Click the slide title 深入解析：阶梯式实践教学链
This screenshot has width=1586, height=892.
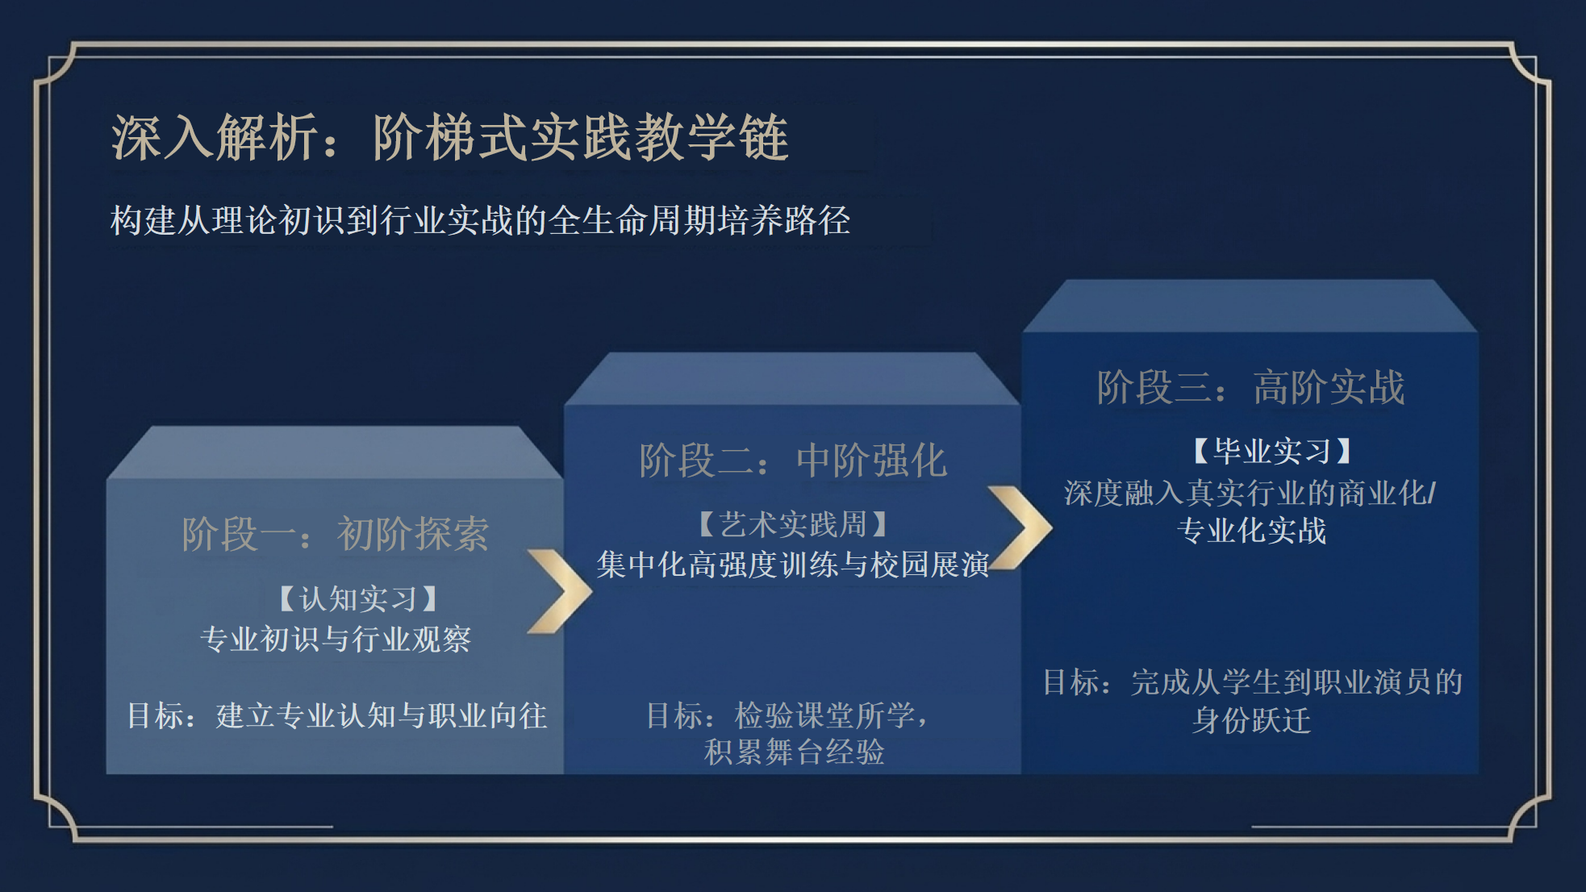click(449, 137)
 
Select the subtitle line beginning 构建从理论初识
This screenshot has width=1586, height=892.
click(480, 220)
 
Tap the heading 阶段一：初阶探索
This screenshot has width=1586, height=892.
click(335, 534)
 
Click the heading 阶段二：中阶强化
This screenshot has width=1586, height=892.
click(792, 461)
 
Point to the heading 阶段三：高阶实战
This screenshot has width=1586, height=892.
click(1250, 387)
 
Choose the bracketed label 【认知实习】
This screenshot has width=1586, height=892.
click(357, 599)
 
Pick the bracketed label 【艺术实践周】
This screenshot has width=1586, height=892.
click(792, 525)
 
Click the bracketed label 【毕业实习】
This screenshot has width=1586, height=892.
click(1271, 451)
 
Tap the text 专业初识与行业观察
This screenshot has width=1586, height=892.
click(335, 639)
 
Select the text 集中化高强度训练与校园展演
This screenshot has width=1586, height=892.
click(792, 565)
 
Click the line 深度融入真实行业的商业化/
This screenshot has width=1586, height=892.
click(1250, 493)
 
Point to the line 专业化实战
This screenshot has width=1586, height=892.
click(1251, 531)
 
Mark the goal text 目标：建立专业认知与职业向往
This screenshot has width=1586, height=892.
click(337, 715)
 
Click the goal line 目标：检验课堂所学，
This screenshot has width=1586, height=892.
click(787, 715)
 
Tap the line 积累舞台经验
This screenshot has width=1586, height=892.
click(794, 752)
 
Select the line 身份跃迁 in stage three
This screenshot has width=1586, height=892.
click(1251, 720)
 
